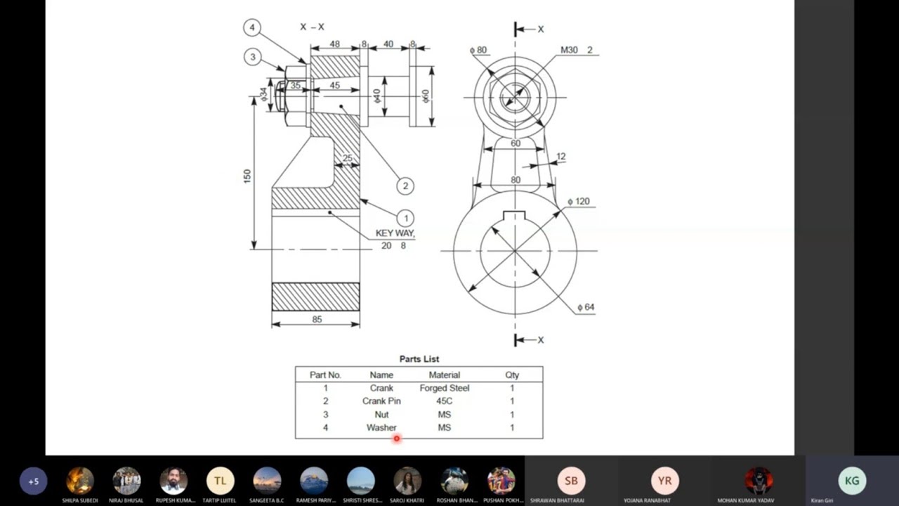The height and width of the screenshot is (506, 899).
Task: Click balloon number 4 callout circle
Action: [x=252, y=28]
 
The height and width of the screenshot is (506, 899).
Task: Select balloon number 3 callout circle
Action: [x=253, y=57]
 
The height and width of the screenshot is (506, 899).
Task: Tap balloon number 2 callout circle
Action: [x=405, y=186]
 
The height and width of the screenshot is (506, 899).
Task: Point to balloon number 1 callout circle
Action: [x=405, y=219]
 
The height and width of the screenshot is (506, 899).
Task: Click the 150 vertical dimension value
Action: [x=247, y=176]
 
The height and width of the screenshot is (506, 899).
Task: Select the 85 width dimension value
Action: [x=317, y=319]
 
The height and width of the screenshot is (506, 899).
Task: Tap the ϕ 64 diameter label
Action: [x=585, y=307]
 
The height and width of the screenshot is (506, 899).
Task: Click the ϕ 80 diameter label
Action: [x=478, y=50]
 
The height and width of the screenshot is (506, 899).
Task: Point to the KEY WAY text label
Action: [x=395, y=233]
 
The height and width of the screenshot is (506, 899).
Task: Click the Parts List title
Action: [x=419, y=359]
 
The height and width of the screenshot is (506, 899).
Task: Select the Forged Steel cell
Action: [x=444, y=388]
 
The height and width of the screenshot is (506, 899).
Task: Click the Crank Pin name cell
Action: [x=381, y=401]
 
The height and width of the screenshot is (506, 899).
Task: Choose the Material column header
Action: [x=444, y=375]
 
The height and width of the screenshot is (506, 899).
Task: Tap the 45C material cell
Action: [x=444, y=401]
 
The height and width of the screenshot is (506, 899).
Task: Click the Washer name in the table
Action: [x=381, y=427]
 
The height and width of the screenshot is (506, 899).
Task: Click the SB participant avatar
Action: [x=571, y=481]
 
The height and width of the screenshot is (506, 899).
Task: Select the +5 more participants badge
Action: [x=33, y=481]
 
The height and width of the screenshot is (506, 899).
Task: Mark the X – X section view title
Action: [x=312, y=27]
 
